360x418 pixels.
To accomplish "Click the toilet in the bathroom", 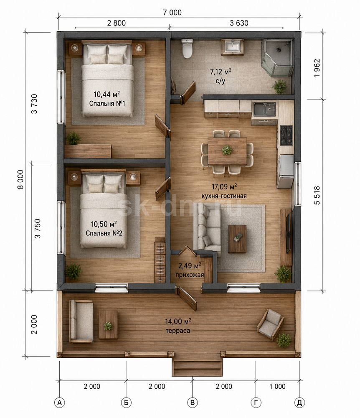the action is (x=188, y=48).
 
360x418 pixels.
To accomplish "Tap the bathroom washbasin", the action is (x=233, y=47).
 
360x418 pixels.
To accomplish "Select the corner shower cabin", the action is (x=277, y=58).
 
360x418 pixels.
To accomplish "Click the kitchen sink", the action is (x=264, y=109).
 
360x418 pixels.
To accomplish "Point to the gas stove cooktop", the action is (x=286, y=135).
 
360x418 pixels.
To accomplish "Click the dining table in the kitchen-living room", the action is (x=227, y=151).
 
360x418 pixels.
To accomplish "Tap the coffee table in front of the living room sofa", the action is (x=237, y=239).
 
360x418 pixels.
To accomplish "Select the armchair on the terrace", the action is (x=270, y=324).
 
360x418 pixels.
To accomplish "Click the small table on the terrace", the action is (x=108, y=325).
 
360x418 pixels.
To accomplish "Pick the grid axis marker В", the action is (x=192, y=403).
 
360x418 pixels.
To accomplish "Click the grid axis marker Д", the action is (x=299, y=403).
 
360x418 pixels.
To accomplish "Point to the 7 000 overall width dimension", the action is (x=172, y=13).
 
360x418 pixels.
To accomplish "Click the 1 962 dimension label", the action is (x=317, y=68).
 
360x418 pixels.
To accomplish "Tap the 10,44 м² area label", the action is (x=107, y=94).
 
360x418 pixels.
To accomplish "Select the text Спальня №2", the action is (x=104, y=233).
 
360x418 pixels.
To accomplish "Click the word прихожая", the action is (x=190, y=275).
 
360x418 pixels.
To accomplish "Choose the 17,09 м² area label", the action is (x=224, y=186).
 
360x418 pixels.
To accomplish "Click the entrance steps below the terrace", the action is (x=197, y=367).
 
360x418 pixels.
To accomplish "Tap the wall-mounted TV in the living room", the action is (x=288, y=233).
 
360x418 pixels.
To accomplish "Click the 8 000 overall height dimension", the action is (x=20, y=179).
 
